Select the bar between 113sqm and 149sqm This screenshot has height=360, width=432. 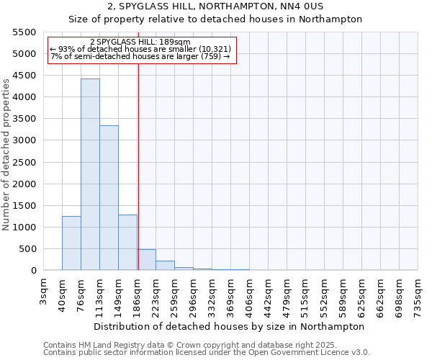pyautogui.click(x=109, y=198)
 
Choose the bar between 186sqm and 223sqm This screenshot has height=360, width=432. pyautogui.click(x=146, y=260)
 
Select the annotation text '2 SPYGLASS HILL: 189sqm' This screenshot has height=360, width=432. pyautogui.click(x=141, y=42)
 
